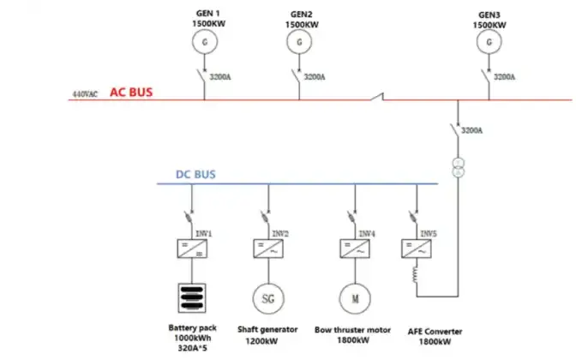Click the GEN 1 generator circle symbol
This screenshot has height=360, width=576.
tap(204, 39)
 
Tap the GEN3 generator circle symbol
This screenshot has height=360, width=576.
tap(488, 41)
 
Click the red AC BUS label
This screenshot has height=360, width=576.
tap(131, 92)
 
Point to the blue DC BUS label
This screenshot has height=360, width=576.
tap(195, 174)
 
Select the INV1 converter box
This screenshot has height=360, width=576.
tap(191, 248)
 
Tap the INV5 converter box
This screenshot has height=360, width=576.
tap(416, 248)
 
